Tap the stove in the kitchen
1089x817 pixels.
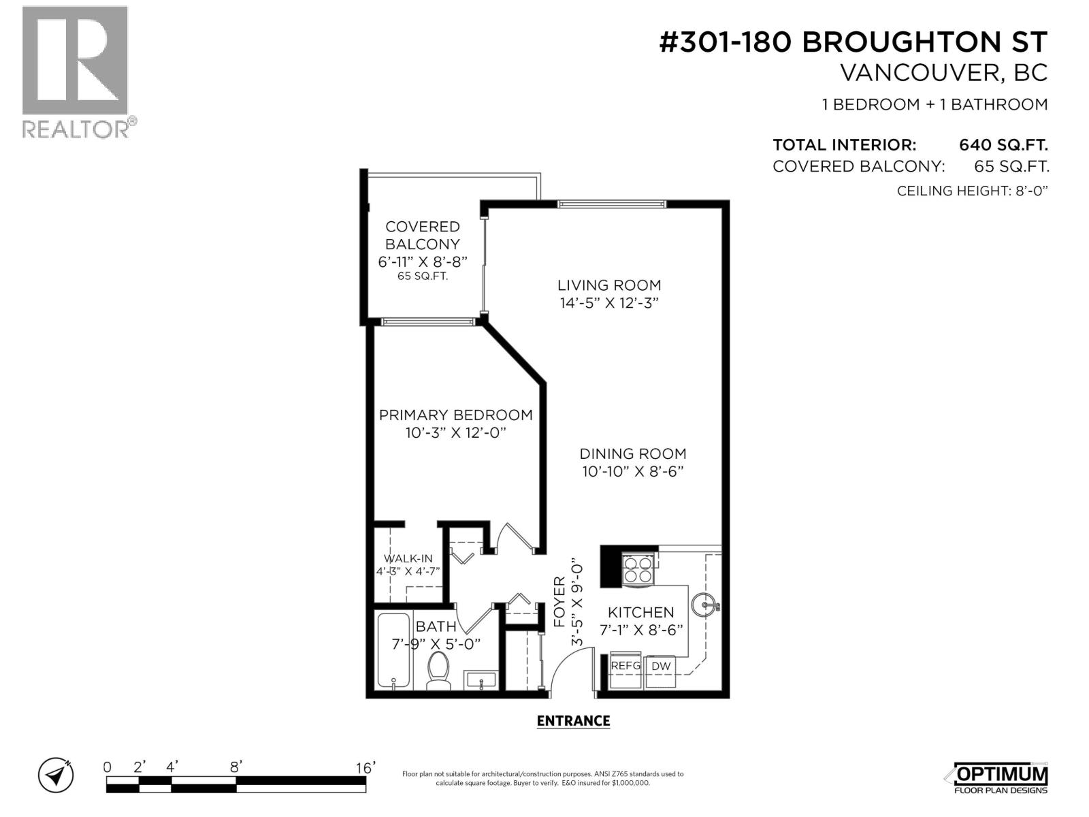click(x=638, y=570)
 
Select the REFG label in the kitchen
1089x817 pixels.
click(x=625, y=666)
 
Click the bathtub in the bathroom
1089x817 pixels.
click(x=393, y=650)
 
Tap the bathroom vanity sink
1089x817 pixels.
click(x=483, y=679)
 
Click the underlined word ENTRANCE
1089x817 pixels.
click(x=573, y=721)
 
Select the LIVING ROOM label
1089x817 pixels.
click(x=609, y=286)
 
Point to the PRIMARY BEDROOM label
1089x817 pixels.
click(x=455, y=415)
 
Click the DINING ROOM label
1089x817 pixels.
click(x=632, y=454)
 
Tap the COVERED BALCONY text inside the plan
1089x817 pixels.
click(x=422, y=236)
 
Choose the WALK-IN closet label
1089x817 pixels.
click(x=408, y=559)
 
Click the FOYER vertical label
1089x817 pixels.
click(x=559, y=601)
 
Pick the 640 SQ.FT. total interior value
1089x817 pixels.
click(x=1003, y=145)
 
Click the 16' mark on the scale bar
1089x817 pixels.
click(x=365, y=768)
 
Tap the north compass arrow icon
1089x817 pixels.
click(x=56, y=775)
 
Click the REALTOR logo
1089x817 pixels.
click(x=76, y=71)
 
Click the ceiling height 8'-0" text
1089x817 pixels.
click(x=971, y=191)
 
